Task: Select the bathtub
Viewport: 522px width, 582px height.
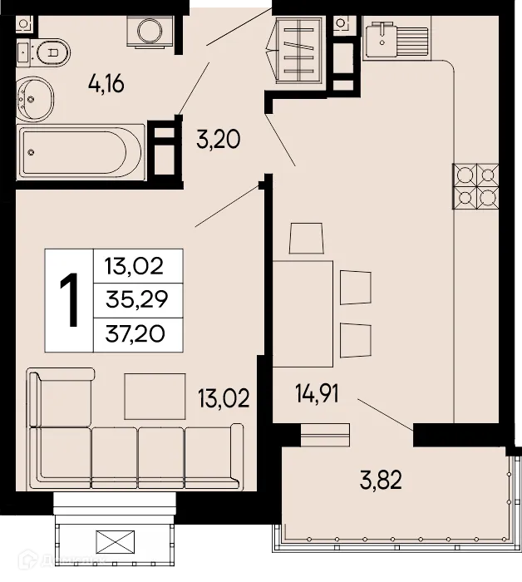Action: (x=75, y=152)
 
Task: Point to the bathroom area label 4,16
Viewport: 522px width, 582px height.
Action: (x=106, y=83)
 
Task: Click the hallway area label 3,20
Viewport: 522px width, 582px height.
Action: (x=218, y=139)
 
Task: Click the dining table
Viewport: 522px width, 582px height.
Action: (x=304, y=313)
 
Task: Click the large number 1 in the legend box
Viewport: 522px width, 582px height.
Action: (x=70, y=299)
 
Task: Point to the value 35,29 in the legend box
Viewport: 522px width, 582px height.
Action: (x=135, y=300)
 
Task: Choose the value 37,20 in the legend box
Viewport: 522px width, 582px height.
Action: (x=135, y=333)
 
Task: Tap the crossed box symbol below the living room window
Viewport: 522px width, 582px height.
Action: (x=115, y=543)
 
